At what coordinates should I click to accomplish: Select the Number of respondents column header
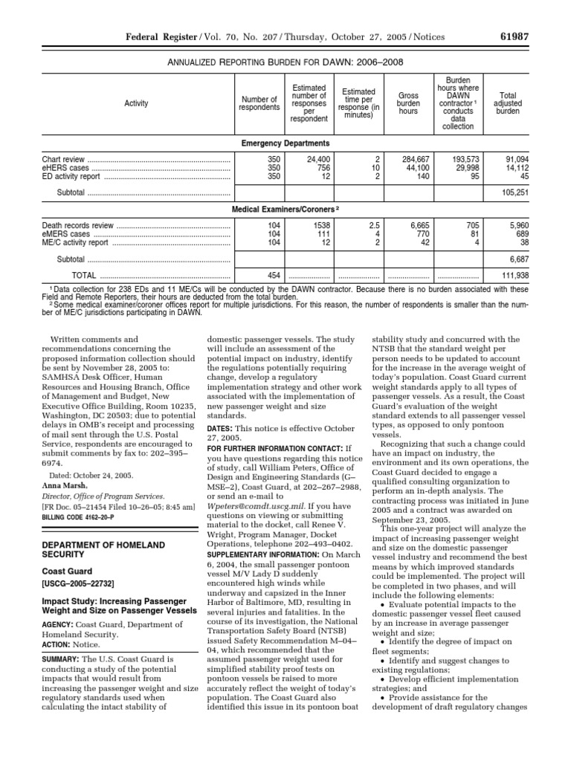pos(258,104)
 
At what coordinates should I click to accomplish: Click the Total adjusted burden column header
pos(508,104)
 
